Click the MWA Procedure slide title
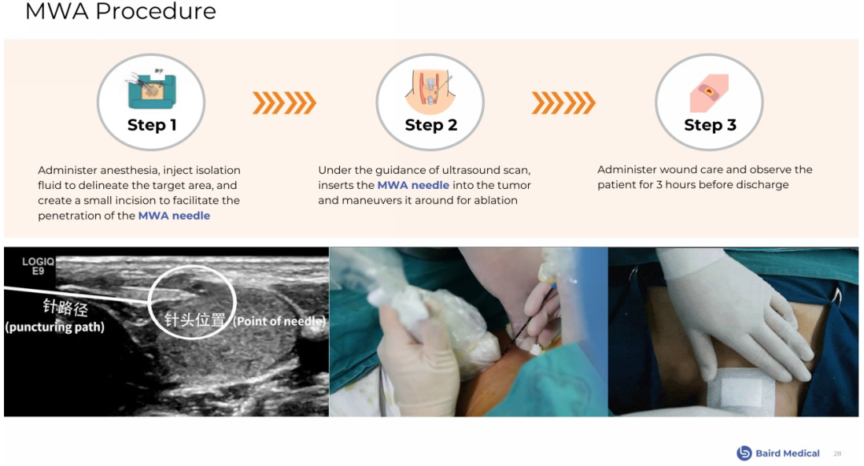[x=121, y=11]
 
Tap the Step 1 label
[x=151, y=125]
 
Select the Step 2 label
[x=431, y=125]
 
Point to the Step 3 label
[x=710, y=125]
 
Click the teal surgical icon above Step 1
[x=151, y=90]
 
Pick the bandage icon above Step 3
[x=709, y=93]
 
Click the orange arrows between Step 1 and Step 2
[x=284, y=103]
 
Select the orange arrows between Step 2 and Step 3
[x=563, y=103]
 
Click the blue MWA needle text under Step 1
[x=174, y=215]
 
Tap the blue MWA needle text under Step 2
[x=414, y=185]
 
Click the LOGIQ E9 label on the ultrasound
[x=38, y=266]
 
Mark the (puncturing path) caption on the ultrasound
[x=54, y=327]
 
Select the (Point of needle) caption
[x=279, y=321]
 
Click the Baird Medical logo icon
[x=744, y=452]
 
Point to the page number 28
[x=837, y=453]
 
